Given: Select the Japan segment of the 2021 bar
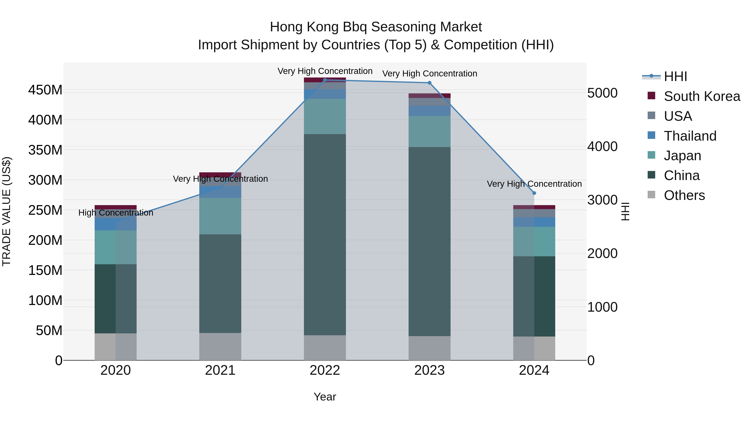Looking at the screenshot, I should [x=220, y=216].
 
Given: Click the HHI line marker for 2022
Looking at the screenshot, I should [x=325, y=80].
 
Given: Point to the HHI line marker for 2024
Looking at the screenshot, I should [x=534, y=193].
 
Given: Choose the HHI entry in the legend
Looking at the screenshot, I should [x=675, y=76].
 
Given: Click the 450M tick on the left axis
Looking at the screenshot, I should [x=45, y=90].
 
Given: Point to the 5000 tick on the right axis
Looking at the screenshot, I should [x=602, y=93].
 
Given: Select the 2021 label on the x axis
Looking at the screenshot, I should [x=220, y=370].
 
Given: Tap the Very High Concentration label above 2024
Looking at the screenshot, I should [x=534, y=184].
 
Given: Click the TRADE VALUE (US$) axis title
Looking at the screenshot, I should [x=6, y=211].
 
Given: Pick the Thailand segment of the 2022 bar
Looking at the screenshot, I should [x=325, y=94].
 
